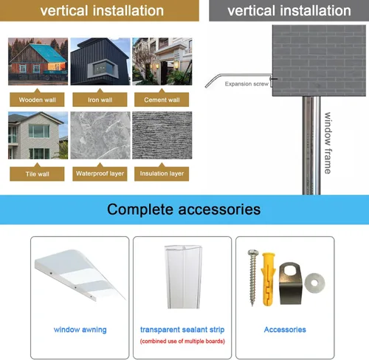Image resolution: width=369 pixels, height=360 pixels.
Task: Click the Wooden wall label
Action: (37, 100)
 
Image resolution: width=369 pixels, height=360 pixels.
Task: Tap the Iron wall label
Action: (100, 100)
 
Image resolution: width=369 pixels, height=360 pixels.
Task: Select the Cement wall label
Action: (162, 100)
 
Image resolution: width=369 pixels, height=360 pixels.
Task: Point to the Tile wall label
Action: (37, 174)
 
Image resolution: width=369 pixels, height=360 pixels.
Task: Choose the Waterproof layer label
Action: (100, 173)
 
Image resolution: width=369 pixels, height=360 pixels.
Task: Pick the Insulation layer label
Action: (162, 173)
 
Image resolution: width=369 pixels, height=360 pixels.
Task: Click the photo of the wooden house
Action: (38, 61)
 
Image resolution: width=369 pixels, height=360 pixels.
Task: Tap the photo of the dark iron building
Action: (100, 61)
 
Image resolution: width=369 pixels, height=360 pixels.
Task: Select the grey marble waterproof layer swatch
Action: (100, 135)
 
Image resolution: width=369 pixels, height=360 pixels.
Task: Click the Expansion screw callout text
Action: (246, 84)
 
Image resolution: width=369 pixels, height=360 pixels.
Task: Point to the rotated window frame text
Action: (328, 143)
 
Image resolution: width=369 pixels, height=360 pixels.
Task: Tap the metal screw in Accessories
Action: (253, 277)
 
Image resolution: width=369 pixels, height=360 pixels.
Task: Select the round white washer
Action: (314, 283)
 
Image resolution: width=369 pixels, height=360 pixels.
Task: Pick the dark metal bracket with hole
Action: (290, 283)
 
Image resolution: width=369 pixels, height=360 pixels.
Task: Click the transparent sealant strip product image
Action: (184, 277)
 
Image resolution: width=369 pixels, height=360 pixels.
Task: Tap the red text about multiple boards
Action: (182, 341)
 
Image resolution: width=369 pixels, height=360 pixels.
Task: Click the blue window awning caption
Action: (80, 330)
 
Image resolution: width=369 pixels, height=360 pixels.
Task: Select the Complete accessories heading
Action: (184, 210)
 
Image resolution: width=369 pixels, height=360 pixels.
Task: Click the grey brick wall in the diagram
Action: (319, 60)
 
